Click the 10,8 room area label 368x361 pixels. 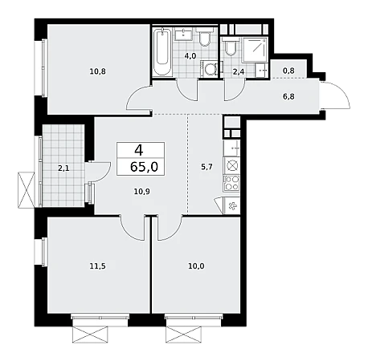(x=98, y=71)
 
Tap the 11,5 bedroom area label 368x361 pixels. (x=98, y=266)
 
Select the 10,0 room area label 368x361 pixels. (x=196, y=266)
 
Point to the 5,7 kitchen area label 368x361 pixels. (x=206, y=168)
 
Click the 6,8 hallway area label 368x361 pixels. (x=288, y=96)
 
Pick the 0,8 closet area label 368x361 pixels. (x=288, y=71)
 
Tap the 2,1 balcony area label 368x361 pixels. (x=63, y=168)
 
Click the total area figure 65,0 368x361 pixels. (x=144, y=167)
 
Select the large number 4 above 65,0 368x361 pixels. (x=139, y=151)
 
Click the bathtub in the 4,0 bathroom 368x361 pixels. (x=162, y=52)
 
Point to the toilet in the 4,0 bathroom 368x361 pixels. (x=205, y=37)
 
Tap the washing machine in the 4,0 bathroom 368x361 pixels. (x=210, y=69)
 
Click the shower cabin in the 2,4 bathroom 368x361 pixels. (x=255, y=49)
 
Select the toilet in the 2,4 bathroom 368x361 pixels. (x=231, y=46)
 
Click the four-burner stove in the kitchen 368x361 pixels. (x=231, y=184)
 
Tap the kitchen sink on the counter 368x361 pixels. (x=231, y=148)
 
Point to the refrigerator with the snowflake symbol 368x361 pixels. (x=231, y=206)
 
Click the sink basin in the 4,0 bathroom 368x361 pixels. (x=184, y=34)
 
